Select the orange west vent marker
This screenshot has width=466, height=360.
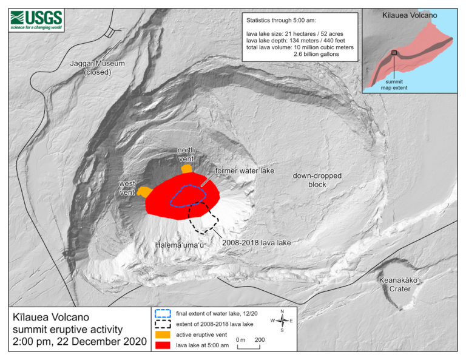pyautogui.click(x=144, y=192)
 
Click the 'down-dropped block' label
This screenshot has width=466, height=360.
pyautogui.click(x=317, y=180)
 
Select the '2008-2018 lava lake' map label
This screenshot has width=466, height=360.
pyautogui.click(x=257, y=242)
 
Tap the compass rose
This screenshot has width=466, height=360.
pyautogui.click(x=282, y=321)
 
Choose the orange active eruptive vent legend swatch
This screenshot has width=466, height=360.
pyautogui.click(x=163, y=334)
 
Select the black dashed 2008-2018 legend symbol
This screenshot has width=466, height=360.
pyautogui.click(x=163, y=324)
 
